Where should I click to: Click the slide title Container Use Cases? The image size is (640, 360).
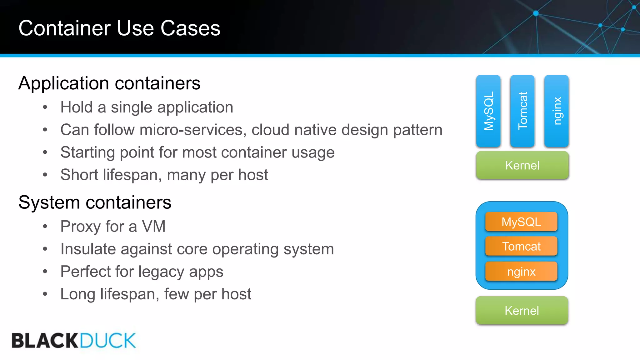(x=119, y=28)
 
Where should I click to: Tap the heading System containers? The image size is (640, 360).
(x=95, y=202)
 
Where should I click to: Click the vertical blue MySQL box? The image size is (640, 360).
(x=488, y=111)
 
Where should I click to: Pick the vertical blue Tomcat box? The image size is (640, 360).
(x=522, y=111)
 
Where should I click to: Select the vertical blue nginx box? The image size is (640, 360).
(x=556, y=111)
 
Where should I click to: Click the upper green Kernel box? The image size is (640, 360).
(x=522, y=165)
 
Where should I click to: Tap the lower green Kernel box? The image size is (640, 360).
(x=522, y=311)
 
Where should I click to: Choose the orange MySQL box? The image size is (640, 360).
(x=521, y=222)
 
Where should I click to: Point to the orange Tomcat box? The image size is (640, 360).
(x=521, y=246)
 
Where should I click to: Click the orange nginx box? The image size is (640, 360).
(x=521, y=271)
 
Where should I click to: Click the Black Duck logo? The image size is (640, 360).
(x=74, y=340)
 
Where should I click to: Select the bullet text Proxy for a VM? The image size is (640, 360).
(x=113, y=226)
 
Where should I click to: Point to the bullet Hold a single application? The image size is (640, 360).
(x=147, y=107)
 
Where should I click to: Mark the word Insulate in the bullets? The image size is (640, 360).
(x=88, y=249)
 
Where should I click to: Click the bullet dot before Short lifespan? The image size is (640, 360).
(x=45, y=175)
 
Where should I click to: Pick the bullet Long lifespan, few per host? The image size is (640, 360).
(x=156, y=294)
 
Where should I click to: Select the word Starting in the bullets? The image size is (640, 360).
(x=87, y=153)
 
